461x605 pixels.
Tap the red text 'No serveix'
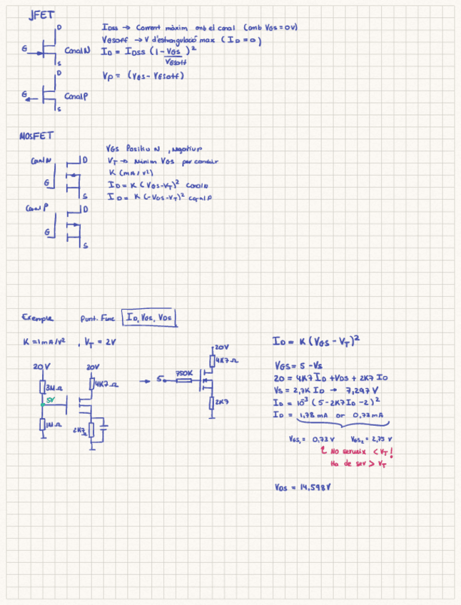353,452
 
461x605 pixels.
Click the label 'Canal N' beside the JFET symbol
76,51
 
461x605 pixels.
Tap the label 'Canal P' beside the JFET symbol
76,96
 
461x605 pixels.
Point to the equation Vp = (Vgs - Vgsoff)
143,75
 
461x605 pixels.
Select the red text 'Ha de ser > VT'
360,463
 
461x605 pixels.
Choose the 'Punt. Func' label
98,318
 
